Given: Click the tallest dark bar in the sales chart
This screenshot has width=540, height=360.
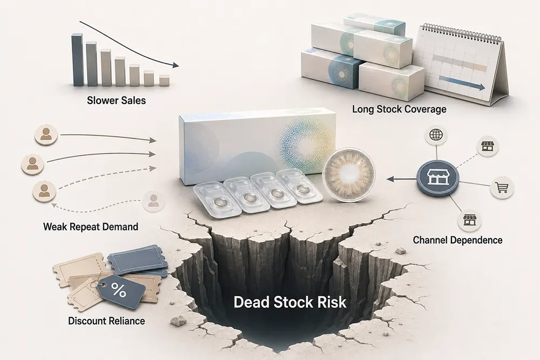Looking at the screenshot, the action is pyautogui.click(x=77, y=59).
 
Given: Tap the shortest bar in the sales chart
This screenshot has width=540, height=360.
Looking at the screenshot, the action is pyautogui.click(x=164, y=80).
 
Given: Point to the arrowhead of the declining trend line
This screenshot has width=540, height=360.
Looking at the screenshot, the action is pyautogui.click(x=175, y=65).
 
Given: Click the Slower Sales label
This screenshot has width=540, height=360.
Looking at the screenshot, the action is pyautogui.click(x=117, y=100).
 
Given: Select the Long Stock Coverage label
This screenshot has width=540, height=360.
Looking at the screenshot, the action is pyautogui.click(x=399, y=109).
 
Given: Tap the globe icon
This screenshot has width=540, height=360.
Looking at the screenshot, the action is pyautogui.click(x=436, y=135).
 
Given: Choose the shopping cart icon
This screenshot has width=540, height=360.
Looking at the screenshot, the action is pyautogui.click(x=502, y=187).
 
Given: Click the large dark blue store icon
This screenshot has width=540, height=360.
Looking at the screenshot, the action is pyautogui.click(x=438, y=178).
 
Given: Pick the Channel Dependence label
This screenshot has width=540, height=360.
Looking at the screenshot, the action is pyautogui.click(x=457, y=240).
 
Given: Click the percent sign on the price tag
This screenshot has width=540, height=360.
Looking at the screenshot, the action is pyautogui.click(x=118, y=290).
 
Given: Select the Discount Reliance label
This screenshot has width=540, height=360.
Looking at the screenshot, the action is pyautogui.click(x=106, y=321).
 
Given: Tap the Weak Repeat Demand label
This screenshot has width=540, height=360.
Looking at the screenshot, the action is pyautogui.click(x=91, y=227).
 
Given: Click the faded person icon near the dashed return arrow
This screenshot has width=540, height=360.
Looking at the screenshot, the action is pyautogui.click(x=153, y=201).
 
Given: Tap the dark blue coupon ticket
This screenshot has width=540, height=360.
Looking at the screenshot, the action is pyautogui.click(x=138, y=260).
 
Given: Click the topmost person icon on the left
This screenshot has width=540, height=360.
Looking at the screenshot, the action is pyautogui.click(x=46, y=134).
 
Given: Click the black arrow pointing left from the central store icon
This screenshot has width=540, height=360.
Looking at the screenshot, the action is pyautogui.click(x=401, y=179).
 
